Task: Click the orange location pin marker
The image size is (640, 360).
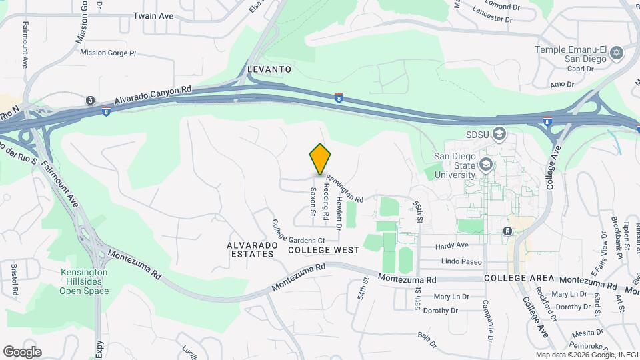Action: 321,159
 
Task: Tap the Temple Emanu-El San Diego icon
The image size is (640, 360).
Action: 617,52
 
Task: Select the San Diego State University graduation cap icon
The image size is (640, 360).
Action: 487,164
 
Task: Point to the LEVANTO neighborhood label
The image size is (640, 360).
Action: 269,69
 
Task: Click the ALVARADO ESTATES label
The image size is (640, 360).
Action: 251,249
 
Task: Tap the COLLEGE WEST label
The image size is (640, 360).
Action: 324,250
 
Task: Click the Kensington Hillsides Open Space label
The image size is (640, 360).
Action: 84,281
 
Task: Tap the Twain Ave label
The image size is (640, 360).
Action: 154,15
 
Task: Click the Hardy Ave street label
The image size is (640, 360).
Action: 453,246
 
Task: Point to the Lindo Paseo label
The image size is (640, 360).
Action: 461,261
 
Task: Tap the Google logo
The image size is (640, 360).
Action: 22,352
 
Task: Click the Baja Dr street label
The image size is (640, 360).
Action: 428,339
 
